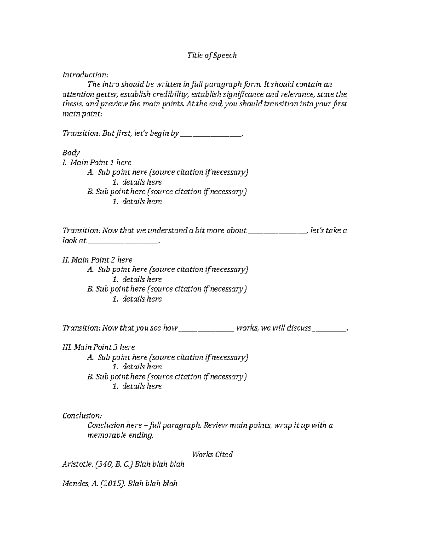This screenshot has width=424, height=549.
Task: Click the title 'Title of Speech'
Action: [212, 56]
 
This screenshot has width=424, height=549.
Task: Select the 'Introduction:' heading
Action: [85, 75]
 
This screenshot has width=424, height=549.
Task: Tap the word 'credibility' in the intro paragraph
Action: [171, 94]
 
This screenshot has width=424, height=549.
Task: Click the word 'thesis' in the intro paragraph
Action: [72, 104]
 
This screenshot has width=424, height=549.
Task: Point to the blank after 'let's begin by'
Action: [211, 134]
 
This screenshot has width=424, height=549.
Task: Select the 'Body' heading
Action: [71, 153]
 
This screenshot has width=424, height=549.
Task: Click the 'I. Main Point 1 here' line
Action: [97, 163]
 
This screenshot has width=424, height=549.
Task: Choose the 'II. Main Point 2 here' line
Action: [98, 260]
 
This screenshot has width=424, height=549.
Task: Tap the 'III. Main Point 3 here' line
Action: [99, 347]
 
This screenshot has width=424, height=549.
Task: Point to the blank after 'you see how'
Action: [207, 329]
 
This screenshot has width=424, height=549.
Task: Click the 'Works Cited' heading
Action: [212, 455]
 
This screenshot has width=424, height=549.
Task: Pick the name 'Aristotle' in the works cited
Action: [78, 464]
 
